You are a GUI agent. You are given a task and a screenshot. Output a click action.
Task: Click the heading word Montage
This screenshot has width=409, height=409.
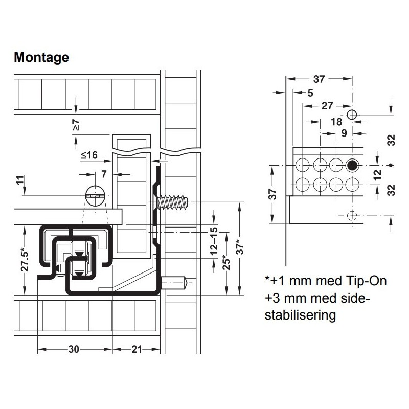(41, 57)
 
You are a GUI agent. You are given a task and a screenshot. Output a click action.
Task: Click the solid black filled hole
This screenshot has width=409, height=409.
(352, 165)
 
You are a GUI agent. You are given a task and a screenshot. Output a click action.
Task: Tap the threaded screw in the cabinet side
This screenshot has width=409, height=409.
(172, 202)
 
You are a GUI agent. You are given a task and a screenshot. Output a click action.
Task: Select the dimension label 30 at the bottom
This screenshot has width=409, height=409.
(74, 349)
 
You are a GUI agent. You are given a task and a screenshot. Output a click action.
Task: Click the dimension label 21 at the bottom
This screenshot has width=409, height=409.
(137, 349)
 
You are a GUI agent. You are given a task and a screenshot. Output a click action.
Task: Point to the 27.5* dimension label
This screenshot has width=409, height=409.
(25, 260)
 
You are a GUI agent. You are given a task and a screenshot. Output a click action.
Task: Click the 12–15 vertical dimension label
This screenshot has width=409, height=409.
(214, 241)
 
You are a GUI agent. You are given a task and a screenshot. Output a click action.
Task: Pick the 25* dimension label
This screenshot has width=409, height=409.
(226, 263)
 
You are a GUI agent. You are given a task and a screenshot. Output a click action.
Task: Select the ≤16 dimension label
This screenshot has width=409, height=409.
(89, 155)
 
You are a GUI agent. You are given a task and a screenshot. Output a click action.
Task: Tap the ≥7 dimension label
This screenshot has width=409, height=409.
(76, 125)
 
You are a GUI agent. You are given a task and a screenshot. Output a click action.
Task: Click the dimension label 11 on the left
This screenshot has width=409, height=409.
(20, 180)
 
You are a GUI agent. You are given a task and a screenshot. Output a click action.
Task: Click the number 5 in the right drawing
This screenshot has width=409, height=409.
(310, 93)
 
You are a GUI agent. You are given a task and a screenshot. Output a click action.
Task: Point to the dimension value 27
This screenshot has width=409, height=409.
(327, 106)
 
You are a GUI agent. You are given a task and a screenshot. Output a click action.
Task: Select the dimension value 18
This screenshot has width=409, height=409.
(336, 122)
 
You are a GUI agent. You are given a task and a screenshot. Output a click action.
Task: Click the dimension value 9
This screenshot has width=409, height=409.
(344, 133)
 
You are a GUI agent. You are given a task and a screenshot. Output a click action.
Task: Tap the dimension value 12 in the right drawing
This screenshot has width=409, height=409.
(377, 175)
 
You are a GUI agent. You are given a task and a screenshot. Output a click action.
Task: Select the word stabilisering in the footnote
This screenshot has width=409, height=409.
(300, 315)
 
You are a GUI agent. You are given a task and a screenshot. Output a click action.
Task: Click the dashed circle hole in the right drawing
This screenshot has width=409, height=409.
(352, 216)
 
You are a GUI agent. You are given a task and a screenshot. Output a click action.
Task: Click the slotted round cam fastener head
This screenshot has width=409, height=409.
(95, 196)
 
